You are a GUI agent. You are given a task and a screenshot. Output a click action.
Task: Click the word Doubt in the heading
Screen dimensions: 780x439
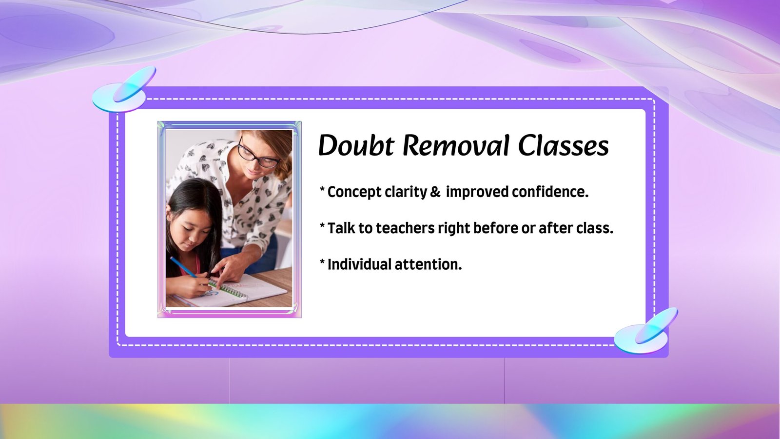pyautogui.click(x=356, y=145)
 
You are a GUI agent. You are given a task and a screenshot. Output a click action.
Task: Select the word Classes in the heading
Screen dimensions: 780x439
pyautogui.click(x=564, y=145)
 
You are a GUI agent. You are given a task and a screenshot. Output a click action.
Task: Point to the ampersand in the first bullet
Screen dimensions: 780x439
pyautogui.click(x=435, y=192)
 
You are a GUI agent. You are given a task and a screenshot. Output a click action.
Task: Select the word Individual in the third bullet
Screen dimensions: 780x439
pyautogui.click(x=360, y=264)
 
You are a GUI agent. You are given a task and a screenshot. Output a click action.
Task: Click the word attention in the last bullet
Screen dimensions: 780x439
pyautogui.click(x=428, y=264)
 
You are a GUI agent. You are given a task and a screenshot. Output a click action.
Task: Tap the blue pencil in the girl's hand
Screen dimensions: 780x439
pyautogui.click(x=183, y=267)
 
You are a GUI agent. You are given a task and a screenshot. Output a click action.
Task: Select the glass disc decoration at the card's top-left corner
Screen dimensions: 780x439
pyautogui.click(x=123, y=91)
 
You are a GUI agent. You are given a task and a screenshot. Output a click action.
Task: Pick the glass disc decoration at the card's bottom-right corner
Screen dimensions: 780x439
pyautogui.click(x=645, y=332)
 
